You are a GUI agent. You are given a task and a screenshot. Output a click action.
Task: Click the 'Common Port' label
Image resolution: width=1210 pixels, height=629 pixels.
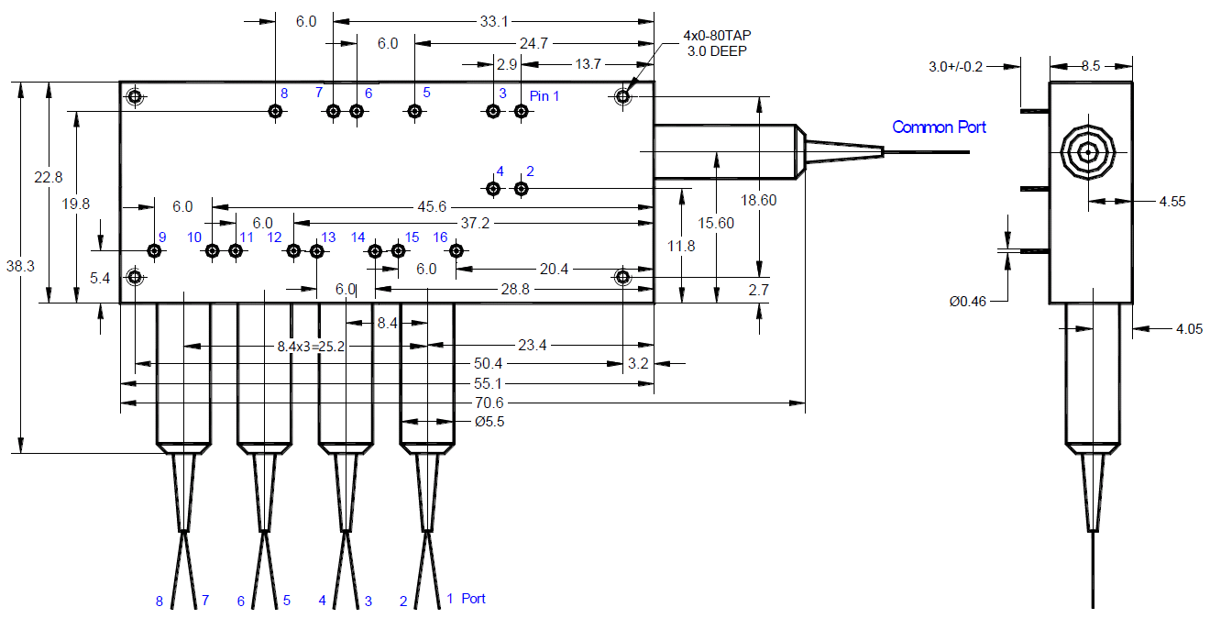[x=939, y=127]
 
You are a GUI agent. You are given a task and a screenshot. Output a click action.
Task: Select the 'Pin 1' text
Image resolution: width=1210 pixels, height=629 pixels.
[x=544, y=95]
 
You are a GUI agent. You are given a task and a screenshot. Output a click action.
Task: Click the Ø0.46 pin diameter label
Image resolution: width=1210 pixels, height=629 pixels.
[x=968, y=301]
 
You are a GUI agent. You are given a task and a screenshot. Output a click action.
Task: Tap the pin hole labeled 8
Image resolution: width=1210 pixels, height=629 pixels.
[x=275, y=111]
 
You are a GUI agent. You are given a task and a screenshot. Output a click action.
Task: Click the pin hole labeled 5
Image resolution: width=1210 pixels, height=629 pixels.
[x=414, y=111]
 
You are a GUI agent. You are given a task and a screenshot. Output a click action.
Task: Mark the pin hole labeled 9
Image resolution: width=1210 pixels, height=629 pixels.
[x=156, y=251]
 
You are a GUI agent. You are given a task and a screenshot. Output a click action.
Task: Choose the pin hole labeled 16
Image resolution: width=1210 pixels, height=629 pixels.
[x=456, y=251]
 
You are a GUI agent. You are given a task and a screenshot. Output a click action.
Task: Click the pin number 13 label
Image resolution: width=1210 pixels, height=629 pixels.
[x=328, y=237]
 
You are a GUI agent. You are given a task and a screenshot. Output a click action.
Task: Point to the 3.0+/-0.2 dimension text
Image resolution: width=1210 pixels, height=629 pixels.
[x=956, y=67]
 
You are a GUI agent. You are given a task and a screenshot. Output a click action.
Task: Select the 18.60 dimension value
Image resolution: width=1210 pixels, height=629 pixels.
[x=759, y=200]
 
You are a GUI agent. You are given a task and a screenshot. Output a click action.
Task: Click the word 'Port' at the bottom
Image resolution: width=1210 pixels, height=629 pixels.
[x=473, y=599]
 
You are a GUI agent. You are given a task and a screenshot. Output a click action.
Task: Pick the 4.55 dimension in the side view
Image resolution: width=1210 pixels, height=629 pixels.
[x=1171, y=202]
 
